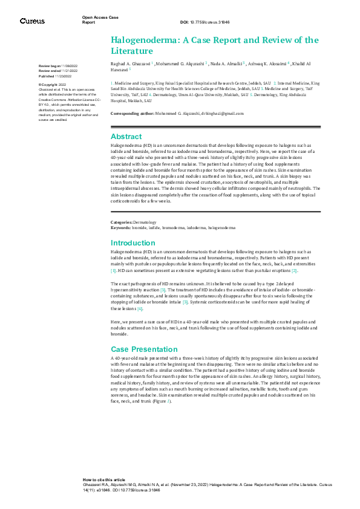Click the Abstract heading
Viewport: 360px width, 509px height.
pos(126,137)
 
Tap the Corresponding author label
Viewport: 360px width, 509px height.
pos(129,113)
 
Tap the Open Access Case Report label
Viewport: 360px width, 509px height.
pos(100,19)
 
